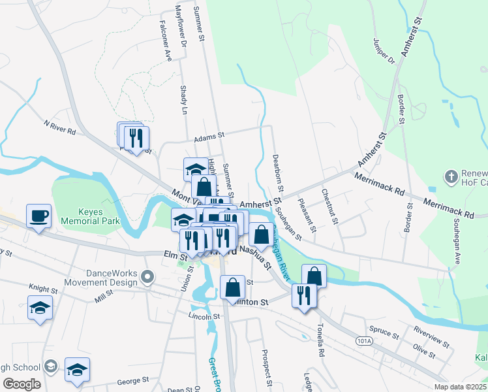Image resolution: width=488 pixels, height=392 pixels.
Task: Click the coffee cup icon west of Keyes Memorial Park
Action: (x=39, y=215)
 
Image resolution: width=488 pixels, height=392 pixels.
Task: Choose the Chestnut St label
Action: (x=329, y=206)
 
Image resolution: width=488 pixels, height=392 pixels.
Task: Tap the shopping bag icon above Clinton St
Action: (x=232, y=286)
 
